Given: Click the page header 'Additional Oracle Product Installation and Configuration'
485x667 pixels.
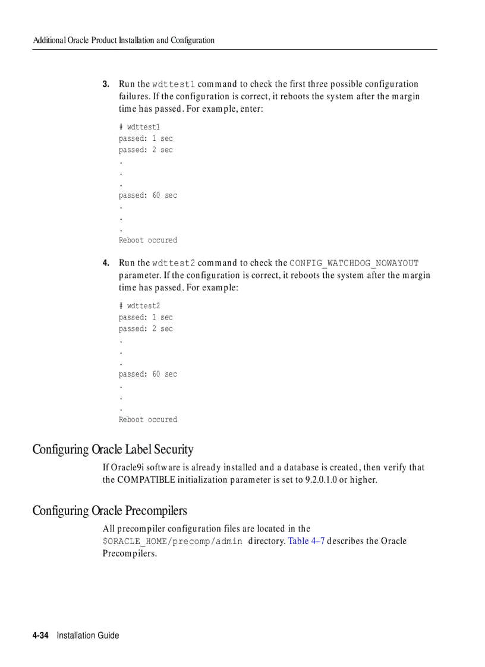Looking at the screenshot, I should click(x=124, y=40).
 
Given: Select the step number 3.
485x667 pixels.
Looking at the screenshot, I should click(x=106, y=84).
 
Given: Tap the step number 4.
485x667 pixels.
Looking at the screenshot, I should click(x=106, y=263).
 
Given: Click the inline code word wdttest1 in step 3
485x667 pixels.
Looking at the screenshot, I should click(x=174, y=84).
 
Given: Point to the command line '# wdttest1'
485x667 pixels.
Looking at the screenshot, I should click(x=139, y=127).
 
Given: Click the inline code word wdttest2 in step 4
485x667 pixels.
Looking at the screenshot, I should click(x=174, y=263).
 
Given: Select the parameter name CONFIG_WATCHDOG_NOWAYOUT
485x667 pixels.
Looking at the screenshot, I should click(x=354, y=263).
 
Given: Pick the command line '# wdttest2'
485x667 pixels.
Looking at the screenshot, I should click(x=139, y=306).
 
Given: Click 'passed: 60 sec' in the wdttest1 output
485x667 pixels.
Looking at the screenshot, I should click(x=147, y=195).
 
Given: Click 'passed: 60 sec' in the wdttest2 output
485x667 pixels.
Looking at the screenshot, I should click(x=147, y=374).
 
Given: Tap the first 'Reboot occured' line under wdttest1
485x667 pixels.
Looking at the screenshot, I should click(x=147, y=241).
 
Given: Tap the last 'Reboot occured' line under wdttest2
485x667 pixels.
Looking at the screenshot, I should click(x=147, y=420).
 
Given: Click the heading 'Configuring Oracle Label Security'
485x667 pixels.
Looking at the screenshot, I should click(x=113, y=450).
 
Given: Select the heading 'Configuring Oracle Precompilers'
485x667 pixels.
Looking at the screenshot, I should click(x=109, y=511).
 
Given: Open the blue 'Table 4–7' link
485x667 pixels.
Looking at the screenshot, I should click(x=306, y=541).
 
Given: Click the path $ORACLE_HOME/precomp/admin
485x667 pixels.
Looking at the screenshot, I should click(x=172, y=541).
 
